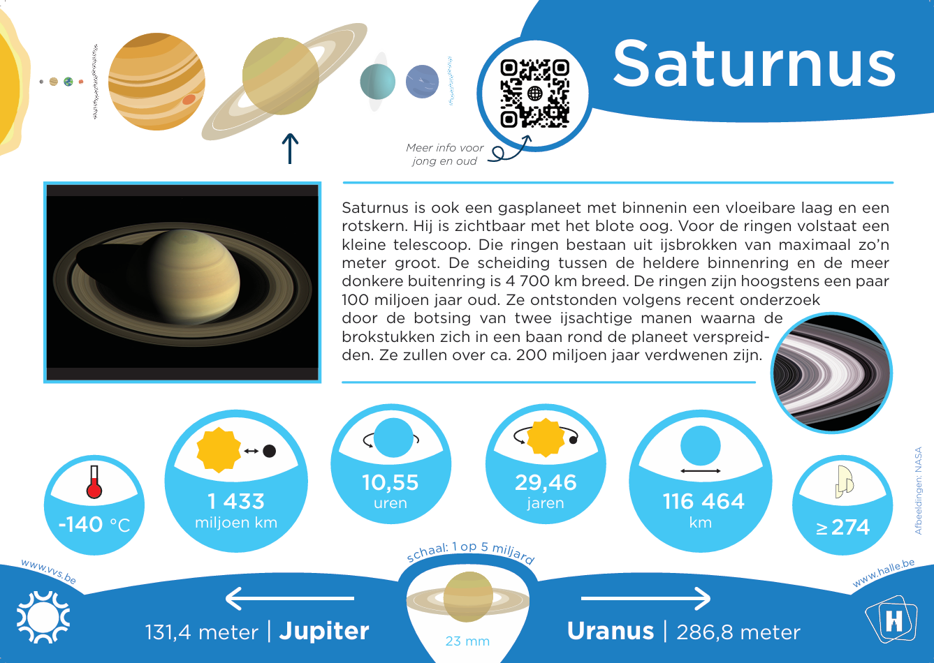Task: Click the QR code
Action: coord(535,94)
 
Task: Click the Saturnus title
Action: coord(754,64)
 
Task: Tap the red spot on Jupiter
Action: coord(189,99)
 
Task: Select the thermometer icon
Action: coord(94,482)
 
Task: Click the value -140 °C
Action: coord(94,525)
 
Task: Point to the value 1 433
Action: coord(236,501)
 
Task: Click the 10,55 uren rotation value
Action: coord(391,491)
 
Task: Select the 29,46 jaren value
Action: coord(546,491)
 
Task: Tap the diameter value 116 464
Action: coord(703,501)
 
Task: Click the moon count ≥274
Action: coord(842,527)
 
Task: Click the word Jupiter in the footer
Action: coord(324,632)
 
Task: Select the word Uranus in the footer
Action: coord(611,631)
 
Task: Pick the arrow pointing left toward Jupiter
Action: coord(289,599)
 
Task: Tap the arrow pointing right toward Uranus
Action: coord(646,599)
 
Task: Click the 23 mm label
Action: coord(467,641)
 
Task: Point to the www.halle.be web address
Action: coord(884,573)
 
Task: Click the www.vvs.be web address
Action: coord(49,572)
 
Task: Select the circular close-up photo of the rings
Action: coord(831,373)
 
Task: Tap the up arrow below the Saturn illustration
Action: coord(290,149)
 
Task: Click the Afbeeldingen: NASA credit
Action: coord(918,491)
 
